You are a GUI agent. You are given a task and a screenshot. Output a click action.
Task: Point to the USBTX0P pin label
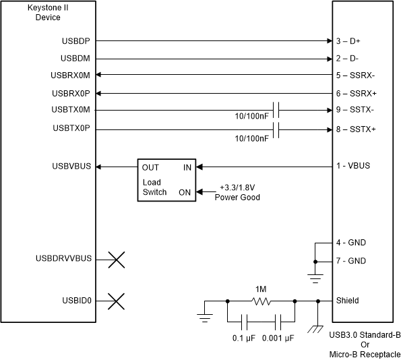[76, 128]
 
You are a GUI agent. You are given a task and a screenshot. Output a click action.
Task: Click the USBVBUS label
[76, 166]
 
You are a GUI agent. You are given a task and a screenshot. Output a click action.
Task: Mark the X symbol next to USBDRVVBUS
[116, 259]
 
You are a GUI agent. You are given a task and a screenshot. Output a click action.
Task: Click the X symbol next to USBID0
[116, 301]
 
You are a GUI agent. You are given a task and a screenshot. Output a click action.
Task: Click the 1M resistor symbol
[261, 301]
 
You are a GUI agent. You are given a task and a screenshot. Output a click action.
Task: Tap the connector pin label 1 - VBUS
[353, 166]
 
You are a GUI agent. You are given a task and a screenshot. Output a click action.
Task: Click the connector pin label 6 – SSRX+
[356, 93]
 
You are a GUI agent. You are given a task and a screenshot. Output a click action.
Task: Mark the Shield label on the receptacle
[347, 301]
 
